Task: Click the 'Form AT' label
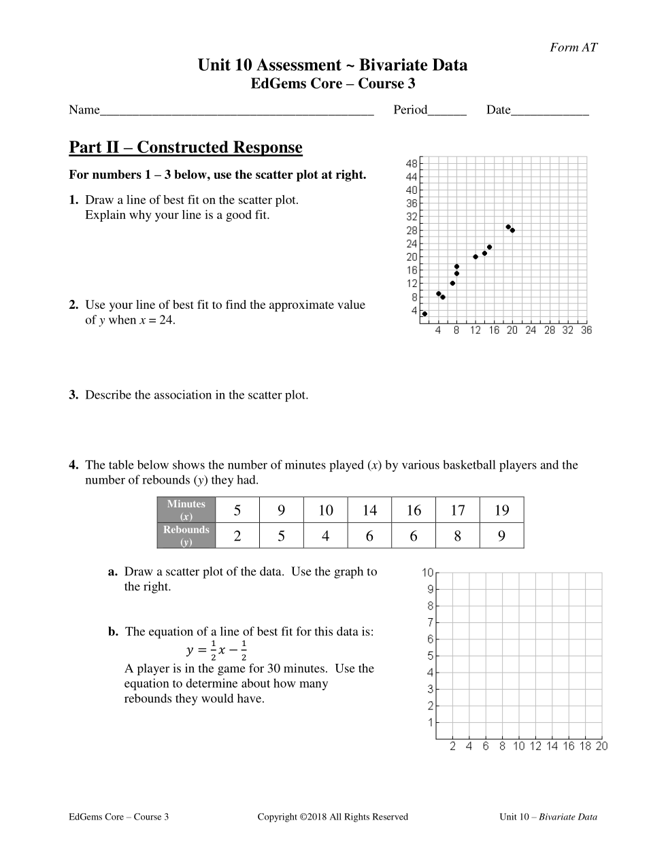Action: coord(573,47)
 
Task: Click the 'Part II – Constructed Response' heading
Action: coord(186,148)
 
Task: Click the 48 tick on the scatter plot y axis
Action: coord(412,164)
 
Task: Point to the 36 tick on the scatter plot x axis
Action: coord(586,330)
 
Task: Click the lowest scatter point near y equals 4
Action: coord(424,314)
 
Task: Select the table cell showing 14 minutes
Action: coord(369,510)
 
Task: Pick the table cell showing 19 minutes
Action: coord(501,510)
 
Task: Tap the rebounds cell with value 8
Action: coord(457,536)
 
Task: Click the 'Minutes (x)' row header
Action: coord(186,510)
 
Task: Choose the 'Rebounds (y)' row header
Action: coord(186,536)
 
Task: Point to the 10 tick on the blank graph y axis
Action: coord(427,573)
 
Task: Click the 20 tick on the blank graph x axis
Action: coord(601,746)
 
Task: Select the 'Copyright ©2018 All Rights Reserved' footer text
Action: coord(333,817)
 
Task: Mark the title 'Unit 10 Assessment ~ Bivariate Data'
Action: coord(333,65)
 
